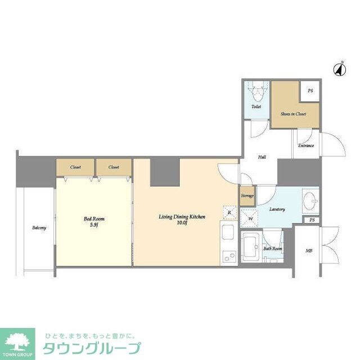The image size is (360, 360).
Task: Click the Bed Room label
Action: tap(94, 219)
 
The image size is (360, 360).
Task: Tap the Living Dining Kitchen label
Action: tap(181, 217)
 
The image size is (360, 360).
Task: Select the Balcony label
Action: tap(39, 228)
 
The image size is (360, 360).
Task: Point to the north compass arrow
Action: tap(339, 69)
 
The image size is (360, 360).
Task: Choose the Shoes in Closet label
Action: tap(293, 114)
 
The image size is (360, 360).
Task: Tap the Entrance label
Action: tap(306, 146)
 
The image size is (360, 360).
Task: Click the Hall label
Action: tap(262, 157)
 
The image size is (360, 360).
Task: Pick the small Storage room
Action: tap(247, 195)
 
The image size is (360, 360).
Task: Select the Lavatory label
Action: tap(277, 209)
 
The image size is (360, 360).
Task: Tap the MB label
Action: tap(309, 250)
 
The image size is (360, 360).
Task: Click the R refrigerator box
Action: tap(230, 212)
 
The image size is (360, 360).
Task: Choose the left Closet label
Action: tap(75, 167)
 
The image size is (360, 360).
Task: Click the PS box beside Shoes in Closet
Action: tap(310, 91)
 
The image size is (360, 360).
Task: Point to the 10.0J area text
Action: tap(181, 223)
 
